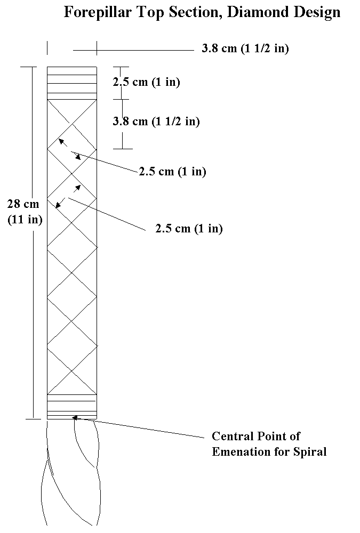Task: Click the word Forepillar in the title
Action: [98, 13]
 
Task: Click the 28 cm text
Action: [23, 204]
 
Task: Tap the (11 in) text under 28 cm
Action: [25, 219]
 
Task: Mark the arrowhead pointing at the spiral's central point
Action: [75, 418]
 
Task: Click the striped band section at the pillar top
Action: [72, 83]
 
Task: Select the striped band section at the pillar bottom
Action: [72, 407]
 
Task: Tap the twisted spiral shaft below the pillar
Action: [72, 472]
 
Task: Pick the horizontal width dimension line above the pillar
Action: [133, 51]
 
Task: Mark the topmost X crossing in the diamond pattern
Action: [72, 124]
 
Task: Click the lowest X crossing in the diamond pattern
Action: [72, 370]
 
